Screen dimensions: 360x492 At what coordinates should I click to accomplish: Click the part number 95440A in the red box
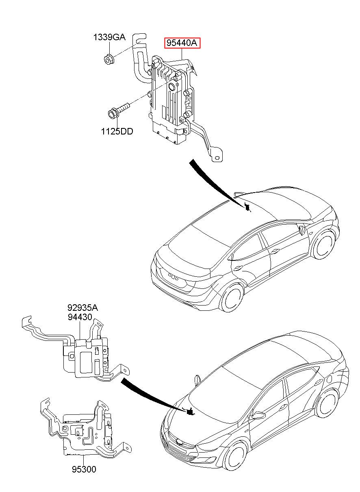coord(182,43)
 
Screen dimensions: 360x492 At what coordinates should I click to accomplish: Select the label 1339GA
coord(109,37)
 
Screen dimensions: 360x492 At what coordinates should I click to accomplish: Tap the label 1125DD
coord(117,131)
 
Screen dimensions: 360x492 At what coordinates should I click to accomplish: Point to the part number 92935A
coord(82,308)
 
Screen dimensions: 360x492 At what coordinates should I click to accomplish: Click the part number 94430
coord(80,317)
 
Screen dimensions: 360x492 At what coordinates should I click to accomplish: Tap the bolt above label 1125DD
coord(119,110)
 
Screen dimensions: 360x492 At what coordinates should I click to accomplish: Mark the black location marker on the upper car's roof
coord(247,207)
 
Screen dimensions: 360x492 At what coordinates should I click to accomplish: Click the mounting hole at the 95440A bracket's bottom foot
coord(217,158)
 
